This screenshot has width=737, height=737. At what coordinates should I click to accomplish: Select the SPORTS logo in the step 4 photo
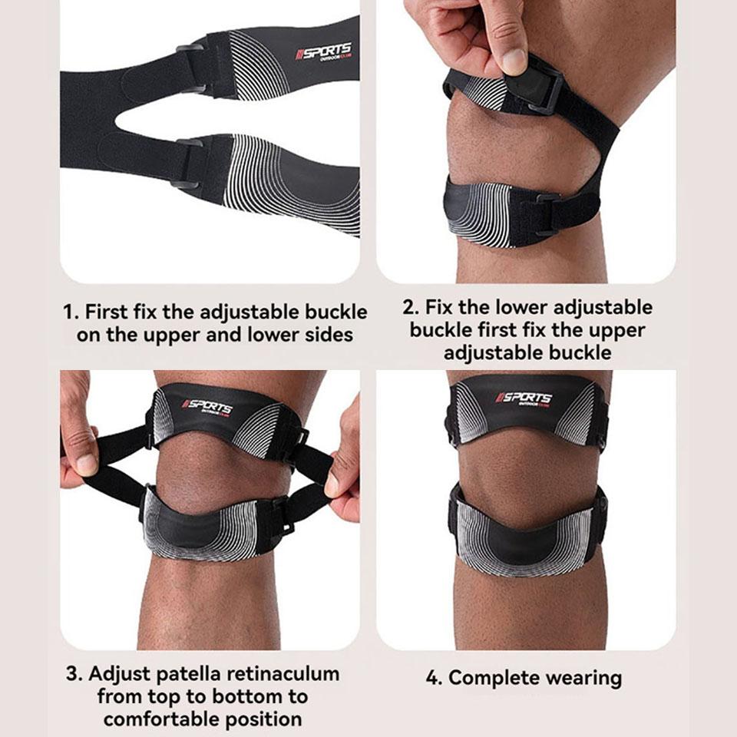click(524, 398)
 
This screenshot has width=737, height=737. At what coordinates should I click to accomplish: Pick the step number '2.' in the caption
click(411, 308)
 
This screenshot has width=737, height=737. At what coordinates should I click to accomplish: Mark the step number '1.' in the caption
click(71, 312)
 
